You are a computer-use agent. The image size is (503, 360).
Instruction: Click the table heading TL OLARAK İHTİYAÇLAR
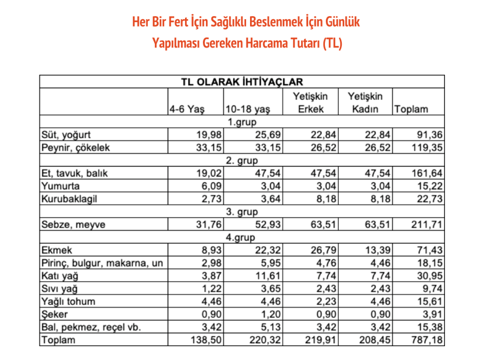pos(241,82)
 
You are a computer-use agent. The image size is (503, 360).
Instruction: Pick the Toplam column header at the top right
pos(411,109)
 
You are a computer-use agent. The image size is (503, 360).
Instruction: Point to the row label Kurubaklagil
pos(68,199)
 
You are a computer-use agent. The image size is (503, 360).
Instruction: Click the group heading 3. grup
pos(241,212)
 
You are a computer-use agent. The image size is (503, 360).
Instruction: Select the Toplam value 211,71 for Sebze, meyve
pos(428,225)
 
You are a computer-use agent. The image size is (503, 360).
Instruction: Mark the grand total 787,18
pos(428,340)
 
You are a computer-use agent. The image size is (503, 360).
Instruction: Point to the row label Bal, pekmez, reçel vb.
pos(85,327)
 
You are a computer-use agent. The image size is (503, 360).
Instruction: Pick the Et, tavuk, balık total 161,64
pos(428,174)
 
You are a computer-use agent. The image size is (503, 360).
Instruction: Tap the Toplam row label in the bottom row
pos(58,340)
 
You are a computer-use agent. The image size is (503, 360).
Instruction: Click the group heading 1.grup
pos(241,123)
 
